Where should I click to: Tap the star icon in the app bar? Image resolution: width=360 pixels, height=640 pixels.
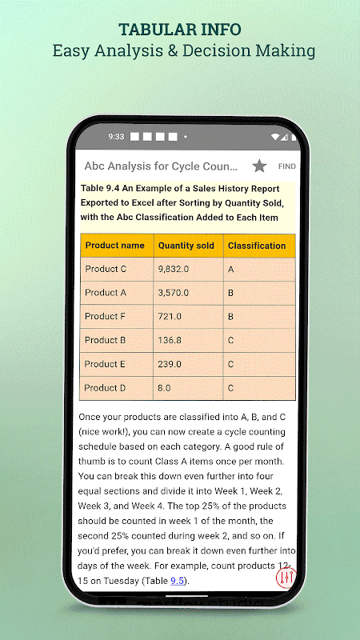coord(259,166)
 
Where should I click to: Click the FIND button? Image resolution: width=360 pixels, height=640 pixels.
coord(287,166)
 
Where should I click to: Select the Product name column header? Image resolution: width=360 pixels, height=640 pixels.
coord(117,246)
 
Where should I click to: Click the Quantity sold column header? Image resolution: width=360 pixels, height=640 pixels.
coord(188,246)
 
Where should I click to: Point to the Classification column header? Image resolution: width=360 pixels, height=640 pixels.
coord(259,246)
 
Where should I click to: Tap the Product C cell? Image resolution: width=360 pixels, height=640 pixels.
coord(117,270)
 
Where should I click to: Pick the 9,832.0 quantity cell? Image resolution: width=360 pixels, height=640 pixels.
coord(188,270)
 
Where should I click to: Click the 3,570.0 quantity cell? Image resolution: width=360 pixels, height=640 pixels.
coord(188,293)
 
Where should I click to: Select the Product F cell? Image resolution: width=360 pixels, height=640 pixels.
coord(117,317)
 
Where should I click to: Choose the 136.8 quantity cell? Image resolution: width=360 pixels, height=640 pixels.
coord(188,341)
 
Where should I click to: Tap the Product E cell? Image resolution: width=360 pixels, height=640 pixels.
coord(117,364)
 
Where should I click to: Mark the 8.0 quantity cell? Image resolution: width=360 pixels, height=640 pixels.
coord(188,388)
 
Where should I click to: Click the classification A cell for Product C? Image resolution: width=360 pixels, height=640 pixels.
coord(259,270)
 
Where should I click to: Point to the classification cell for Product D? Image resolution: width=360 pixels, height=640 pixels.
coord(259,388)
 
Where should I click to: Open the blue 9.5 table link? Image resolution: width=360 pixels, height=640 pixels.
coord(177,581)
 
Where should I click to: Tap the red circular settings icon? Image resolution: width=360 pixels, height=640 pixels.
coord(286,577)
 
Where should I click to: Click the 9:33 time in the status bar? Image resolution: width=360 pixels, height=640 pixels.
coord(116,137)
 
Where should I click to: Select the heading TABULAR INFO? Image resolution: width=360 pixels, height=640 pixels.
coord(180,30)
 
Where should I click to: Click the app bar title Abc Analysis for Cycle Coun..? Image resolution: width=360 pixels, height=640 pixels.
coord(161,166)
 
